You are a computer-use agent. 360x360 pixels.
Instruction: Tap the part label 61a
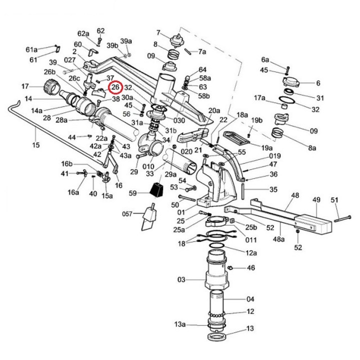(31, 49)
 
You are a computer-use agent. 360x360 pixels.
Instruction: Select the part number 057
(127, 214)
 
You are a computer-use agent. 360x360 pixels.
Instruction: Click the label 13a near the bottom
(180, 324)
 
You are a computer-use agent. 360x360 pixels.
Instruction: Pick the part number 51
(334, 200)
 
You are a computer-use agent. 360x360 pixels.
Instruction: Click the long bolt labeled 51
(342, 218)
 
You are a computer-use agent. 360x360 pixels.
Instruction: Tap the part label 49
(316, 199)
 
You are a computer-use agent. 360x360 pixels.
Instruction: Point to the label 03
(181, 279)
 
